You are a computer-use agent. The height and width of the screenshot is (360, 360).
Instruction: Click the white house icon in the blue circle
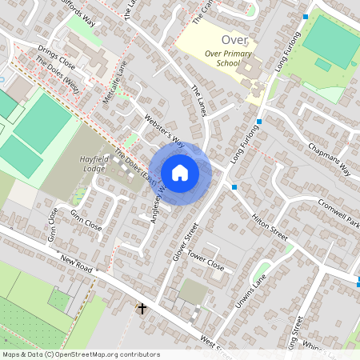coord(180,173)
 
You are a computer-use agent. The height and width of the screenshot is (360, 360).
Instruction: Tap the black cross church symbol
coord(142,308)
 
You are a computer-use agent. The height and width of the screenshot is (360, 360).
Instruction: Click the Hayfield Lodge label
coord(99,164)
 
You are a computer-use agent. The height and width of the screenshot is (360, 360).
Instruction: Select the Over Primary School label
coord(222,58)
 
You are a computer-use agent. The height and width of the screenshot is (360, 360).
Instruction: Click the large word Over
coord(235,39)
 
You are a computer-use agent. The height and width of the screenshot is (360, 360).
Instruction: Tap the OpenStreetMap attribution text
coord(80,354)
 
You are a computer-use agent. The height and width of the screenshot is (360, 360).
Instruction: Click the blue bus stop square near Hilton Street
coord(234,187)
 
